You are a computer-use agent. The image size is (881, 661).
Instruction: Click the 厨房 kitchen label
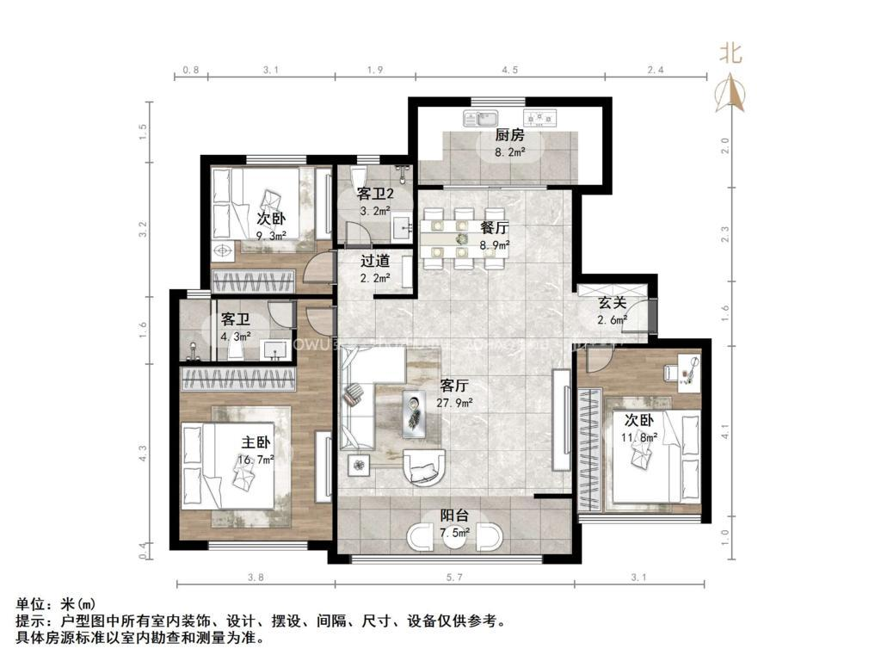coord(509,136)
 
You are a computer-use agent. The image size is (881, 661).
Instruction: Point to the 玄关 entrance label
coord(612,303)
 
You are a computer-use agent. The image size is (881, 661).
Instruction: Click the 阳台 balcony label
coord(454,516)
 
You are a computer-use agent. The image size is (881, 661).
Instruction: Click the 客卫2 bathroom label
coord(375,196)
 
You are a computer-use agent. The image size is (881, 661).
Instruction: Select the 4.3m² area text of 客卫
coord(236,337)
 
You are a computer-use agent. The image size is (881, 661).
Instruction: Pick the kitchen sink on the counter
coord(480,118)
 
